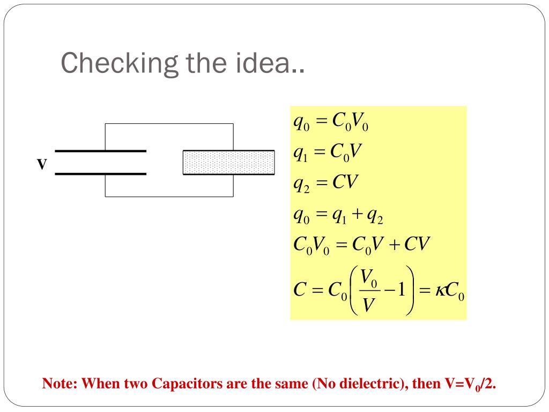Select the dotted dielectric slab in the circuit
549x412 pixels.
229,163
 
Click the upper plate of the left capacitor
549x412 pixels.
100,151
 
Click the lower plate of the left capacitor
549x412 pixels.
100,174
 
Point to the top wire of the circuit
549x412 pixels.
169,124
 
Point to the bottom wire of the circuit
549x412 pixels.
169,197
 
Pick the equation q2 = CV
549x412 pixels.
325,183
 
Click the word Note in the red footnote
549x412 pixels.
60,384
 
